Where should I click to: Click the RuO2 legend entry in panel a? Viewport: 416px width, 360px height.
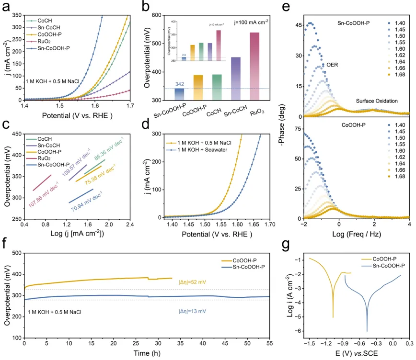tap(39, 42)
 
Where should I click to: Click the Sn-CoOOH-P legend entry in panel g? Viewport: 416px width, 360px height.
tap(387, 265)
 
